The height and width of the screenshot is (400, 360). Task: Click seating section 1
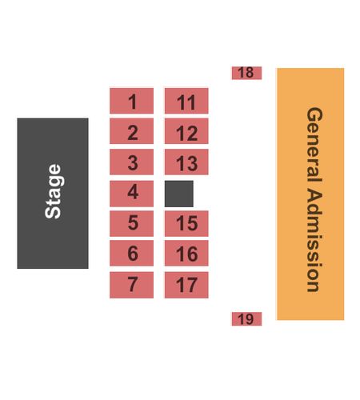tap(131, 101)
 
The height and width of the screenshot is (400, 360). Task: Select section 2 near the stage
tap(131, 131)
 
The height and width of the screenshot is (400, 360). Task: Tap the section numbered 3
tap(131, 162)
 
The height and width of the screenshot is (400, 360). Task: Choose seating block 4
tap(131, 194)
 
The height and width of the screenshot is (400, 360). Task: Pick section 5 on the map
tap(131, 223)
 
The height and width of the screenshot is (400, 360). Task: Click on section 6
tap(131, 253)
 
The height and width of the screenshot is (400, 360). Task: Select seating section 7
tap(131, 285)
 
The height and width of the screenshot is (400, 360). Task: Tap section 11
tap(186, 101)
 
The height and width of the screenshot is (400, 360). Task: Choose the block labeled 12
tap(186, 131)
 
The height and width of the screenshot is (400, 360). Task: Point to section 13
tap(186, 162)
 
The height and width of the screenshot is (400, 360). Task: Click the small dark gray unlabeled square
tap(179, 194)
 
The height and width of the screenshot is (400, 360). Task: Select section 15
tap(186, 223)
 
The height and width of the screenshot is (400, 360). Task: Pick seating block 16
tap(186, 253)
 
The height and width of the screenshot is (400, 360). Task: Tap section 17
tap(186, 285)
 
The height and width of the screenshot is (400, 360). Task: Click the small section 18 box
tap(246, 73)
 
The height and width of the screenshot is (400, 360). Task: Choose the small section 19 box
tap(246, 319)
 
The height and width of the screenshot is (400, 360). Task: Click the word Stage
tap(54, 191)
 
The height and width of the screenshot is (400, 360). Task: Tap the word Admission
tap(314, 240)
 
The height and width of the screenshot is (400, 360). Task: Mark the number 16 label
tap(187, 254)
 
